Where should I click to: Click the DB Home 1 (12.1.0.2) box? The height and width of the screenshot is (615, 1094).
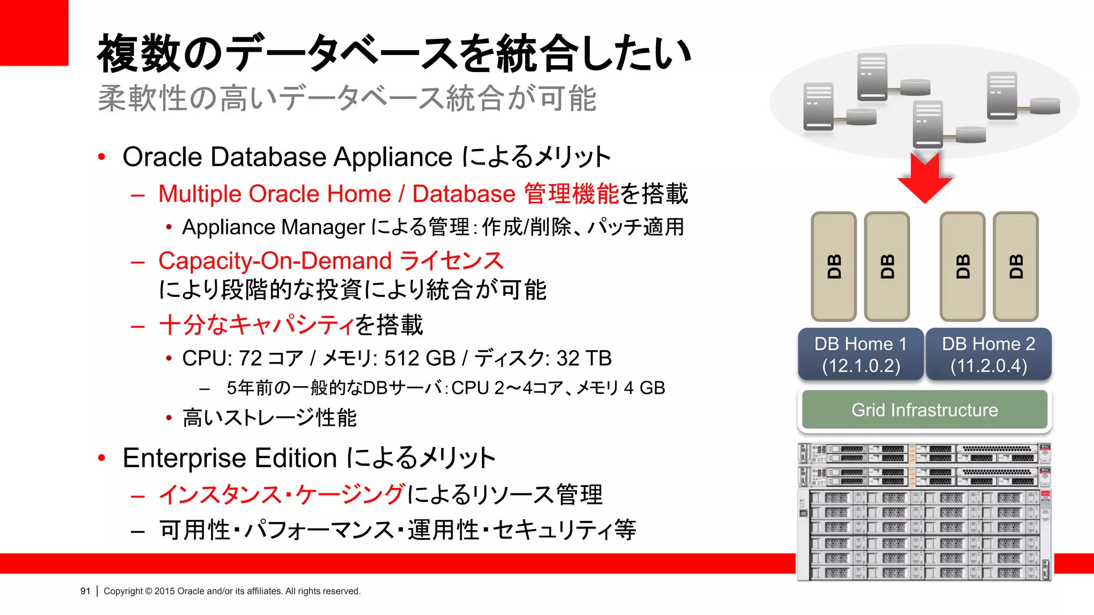(x=861, y=354)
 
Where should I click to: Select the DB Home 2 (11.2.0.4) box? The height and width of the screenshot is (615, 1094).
(x=988, y=354)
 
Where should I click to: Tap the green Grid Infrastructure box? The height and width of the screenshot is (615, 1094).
(x=924, y=410)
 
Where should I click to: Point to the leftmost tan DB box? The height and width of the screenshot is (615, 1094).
(x=833, y=266)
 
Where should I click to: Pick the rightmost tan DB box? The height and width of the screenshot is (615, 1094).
(x=1015, y=266)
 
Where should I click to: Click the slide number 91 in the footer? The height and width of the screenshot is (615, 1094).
(x=85, y=591)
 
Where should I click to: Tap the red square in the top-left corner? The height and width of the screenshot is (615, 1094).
(x=34, y=33)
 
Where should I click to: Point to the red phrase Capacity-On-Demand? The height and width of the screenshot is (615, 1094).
(x=275, y=261)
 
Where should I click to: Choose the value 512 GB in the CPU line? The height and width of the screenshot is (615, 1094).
(x=419, y=358)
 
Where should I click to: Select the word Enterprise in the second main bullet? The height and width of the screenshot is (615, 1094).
(x=184, y=458)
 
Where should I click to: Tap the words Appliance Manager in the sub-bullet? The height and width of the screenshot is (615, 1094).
(x=273, y=227)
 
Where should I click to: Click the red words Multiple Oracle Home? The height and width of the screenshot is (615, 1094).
(x=275, y=194)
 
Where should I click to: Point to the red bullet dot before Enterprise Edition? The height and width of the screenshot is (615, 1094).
(x=101, y=458)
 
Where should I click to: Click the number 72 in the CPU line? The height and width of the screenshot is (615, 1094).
(x=250, y=358)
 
